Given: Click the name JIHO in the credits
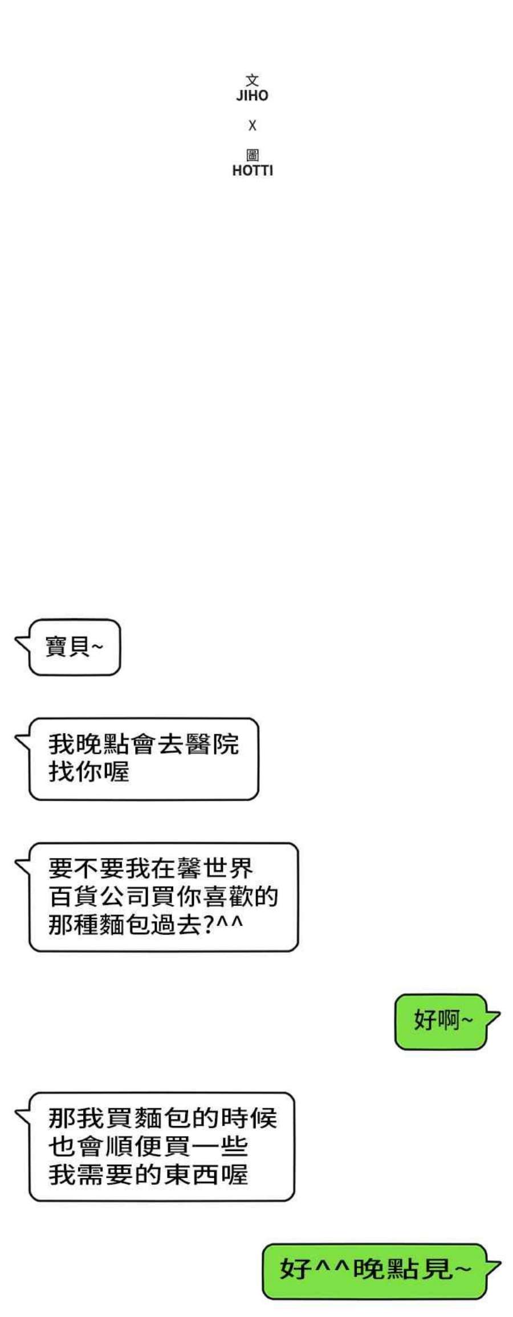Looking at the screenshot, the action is coord(252,95).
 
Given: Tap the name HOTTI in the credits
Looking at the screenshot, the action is coord(253,170).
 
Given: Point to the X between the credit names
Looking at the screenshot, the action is coord(253,125).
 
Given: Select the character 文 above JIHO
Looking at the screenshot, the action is coord(253,80).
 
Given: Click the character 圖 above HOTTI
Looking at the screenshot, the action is coord(253,155).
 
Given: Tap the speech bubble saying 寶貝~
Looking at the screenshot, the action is coord(74,647).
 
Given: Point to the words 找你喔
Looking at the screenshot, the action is coord(89,772).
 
